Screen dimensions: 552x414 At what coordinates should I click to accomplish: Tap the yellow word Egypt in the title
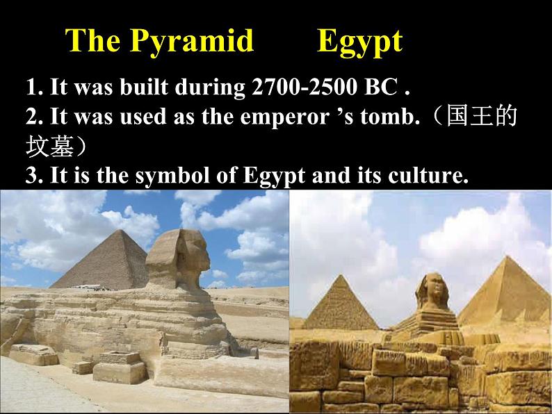pyautogui.click(x=360, y=43)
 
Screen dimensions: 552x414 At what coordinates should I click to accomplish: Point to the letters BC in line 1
pyautogui.click(x=381, y=86)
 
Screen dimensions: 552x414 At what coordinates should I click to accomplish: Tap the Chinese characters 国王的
pyautogui.click(x=481, y=115)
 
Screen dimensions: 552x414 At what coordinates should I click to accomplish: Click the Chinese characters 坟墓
pyautogui.click(x=49, y=145)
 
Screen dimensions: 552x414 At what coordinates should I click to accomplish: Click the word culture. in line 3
pyautogui.click(x=428, y=175)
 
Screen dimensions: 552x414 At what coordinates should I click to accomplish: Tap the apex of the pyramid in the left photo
pyautogui.click(x=121, y=230)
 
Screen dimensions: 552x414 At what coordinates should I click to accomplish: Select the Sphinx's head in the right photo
pyautogui.click(x=432, y=291)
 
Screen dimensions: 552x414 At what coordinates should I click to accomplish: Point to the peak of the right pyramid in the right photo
pyautogui.click(x=507, y=257)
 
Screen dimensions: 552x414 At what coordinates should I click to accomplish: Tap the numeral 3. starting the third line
pyautogui.click(x=35, y=175)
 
